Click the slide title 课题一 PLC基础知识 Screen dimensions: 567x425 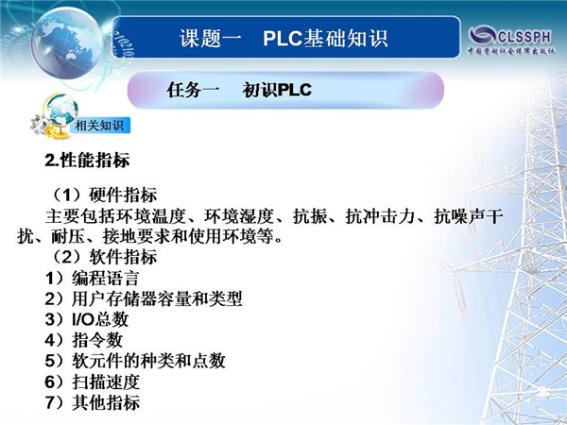[283, 38]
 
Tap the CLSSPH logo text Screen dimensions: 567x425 [524, 37]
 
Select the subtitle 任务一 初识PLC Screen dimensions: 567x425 [239, 90]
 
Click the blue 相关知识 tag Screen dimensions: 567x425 [100, 126]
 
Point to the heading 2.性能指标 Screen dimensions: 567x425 [87, 161]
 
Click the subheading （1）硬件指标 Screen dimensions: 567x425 [103, 195]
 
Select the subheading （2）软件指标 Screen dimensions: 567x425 [103, 257]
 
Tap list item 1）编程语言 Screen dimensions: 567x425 [93, 279]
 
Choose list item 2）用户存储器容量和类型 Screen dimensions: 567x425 [144, 298]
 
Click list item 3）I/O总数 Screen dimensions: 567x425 [87, 319]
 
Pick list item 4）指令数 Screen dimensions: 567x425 [84, 340]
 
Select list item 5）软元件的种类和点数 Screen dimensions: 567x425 [135, 361]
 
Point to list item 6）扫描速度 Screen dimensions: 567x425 [93, 382]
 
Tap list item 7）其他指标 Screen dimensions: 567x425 [93, 402]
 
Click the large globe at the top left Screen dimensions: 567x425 [67, 43]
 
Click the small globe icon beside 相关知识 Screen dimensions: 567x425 [62, 110]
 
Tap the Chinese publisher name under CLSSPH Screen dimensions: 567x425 [510, 51]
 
